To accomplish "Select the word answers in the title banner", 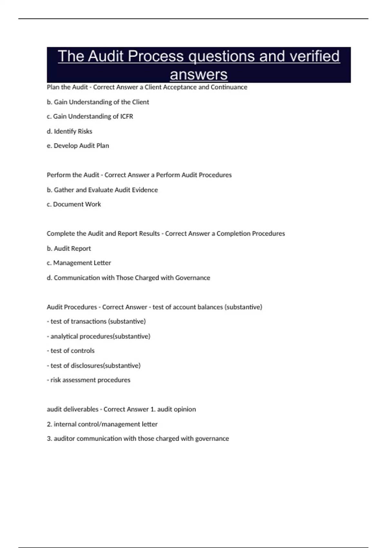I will pos(199,75).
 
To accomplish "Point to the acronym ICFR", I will pos(127,116).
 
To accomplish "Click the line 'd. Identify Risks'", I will pos(69,131).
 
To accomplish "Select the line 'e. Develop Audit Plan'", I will pos(78,146).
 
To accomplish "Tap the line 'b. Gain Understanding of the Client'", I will pos(98,102).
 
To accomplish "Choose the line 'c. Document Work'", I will pos(74,204).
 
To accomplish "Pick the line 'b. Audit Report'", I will pos(69,249).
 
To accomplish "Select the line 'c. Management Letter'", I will pos(79,263).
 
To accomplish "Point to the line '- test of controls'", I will pos(71,351).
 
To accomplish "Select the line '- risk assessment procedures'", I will pos(88,380).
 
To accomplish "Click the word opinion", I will pos(185,409).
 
